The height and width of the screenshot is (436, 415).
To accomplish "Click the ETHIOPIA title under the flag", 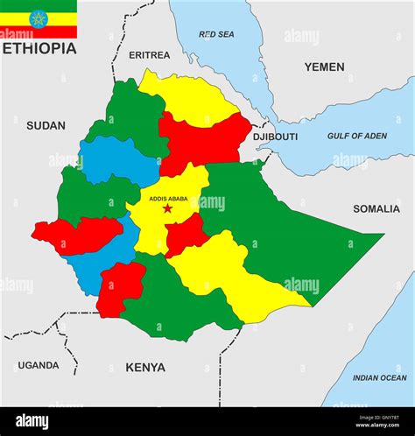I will [39, 48].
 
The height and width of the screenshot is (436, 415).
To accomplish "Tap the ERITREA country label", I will [149, 55].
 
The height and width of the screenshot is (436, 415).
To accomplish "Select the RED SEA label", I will [216, 34].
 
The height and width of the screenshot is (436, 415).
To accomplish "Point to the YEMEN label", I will [324, 67].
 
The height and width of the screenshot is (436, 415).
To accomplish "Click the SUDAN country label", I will [46, 125].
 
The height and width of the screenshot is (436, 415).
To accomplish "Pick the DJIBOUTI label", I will [275, 137].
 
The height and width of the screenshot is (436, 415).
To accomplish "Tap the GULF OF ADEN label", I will [356, 136].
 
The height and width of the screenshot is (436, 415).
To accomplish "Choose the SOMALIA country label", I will [376, 208].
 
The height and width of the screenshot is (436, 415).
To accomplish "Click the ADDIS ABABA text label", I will [168, 199].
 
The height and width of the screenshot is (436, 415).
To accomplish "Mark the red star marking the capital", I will [167, 208].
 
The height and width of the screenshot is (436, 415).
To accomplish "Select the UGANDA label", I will [39, 365].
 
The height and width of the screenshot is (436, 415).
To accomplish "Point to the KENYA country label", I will [145, 367].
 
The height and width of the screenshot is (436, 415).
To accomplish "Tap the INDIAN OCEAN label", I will [379, 377].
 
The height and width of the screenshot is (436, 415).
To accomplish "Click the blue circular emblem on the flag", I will [39, 18].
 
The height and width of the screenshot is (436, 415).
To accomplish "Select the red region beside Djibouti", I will [206, 140].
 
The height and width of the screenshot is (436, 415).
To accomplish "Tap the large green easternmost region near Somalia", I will [298, 236].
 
